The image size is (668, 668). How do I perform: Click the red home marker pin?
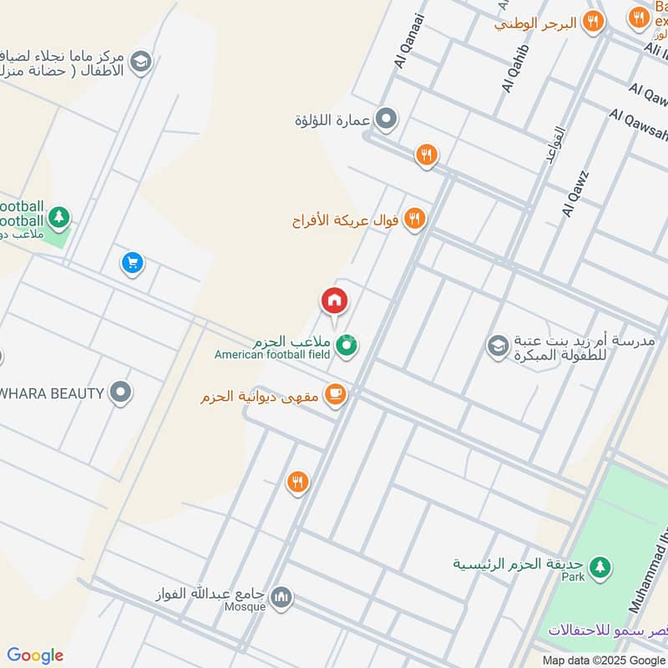pyautogui.click(x=334, y=301)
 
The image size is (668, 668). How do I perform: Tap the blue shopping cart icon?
pyautogui.click(x=132, y=264)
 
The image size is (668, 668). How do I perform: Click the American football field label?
pyautogui.click(x=274, y=355)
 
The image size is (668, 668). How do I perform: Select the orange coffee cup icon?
pyautogui.click(x=335, y=394)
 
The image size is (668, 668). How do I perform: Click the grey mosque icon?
pyautogui.click(x=281, y=596)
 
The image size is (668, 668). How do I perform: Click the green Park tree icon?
pyautogui.click(x=598, y=568)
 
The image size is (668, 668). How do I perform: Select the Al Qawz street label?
pyautogui.click(x=576, y=194)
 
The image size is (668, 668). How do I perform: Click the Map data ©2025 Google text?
pyautogui.click(x=604, y=659)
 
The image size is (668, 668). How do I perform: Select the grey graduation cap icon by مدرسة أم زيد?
pyautogui.click(x=498, y=345)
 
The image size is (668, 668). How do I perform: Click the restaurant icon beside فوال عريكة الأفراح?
pyautogui.click(x=414, y=220)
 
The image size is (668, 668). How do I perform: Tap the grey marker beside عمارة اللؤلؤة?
pyautogui.click(x=386, y=120)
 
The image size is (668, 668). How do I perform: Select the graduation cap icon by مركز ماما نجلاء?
pyautogui.click(x=140, y=60)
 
